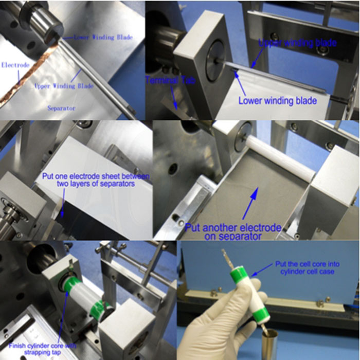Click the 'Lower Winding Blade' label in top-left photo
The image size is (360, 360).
tap(103, 37)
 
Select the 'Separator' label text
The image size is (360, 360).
tap(61, 108)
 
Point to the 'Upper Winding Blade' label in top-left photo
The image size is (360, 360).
tap(63, 86)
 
